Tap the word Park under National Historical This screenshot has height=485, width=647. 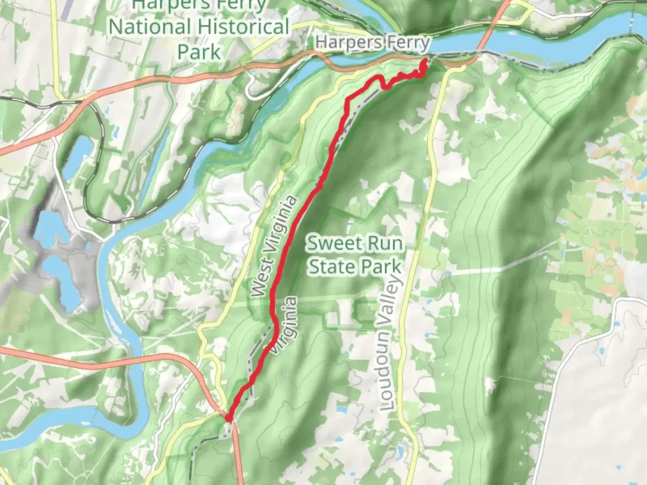point(199,52)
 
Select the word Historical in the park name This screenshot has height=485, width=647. point(243,27)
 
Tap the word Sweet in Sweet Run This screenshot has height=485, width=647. point(332,244)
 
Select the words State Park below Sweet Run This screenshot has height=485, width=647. point(355,267)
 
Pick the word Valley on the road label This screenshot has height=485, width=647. point(392,297)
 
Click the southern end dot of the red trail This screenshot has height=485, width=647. point(229,418)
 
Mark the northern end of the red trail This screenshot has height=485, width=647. point(424,60)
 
